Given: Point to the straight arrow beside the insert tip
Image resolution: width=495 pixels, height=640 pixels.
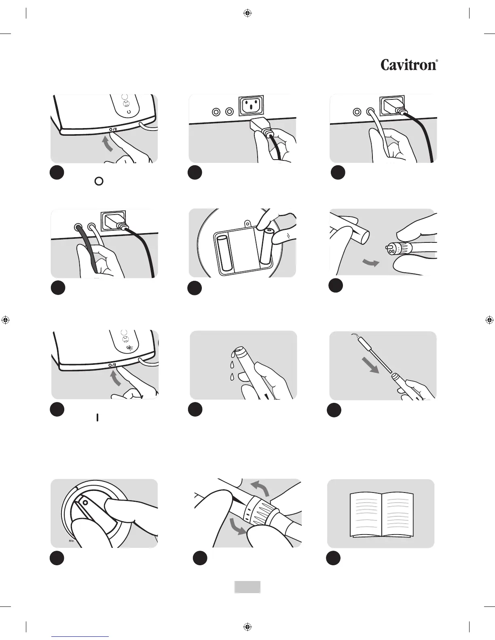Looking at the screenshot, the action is [370, 364].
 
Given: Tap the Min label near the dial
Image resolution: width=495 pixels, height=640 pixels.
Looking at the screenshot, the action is [71, 541].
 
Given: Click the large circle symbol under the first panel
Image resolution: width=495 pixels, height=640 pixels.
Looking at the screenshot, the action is [99, 181].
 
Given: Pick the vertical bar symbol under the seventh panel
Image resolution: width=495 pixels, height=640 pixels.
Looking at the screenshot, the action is [97, 417].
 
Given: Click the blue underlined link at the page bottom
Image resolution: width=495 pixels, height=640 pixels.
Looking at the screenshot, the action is [80, 637].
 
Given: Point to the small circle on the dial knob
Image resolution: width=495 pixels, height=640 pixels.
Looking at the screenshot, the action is [85, 501].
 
